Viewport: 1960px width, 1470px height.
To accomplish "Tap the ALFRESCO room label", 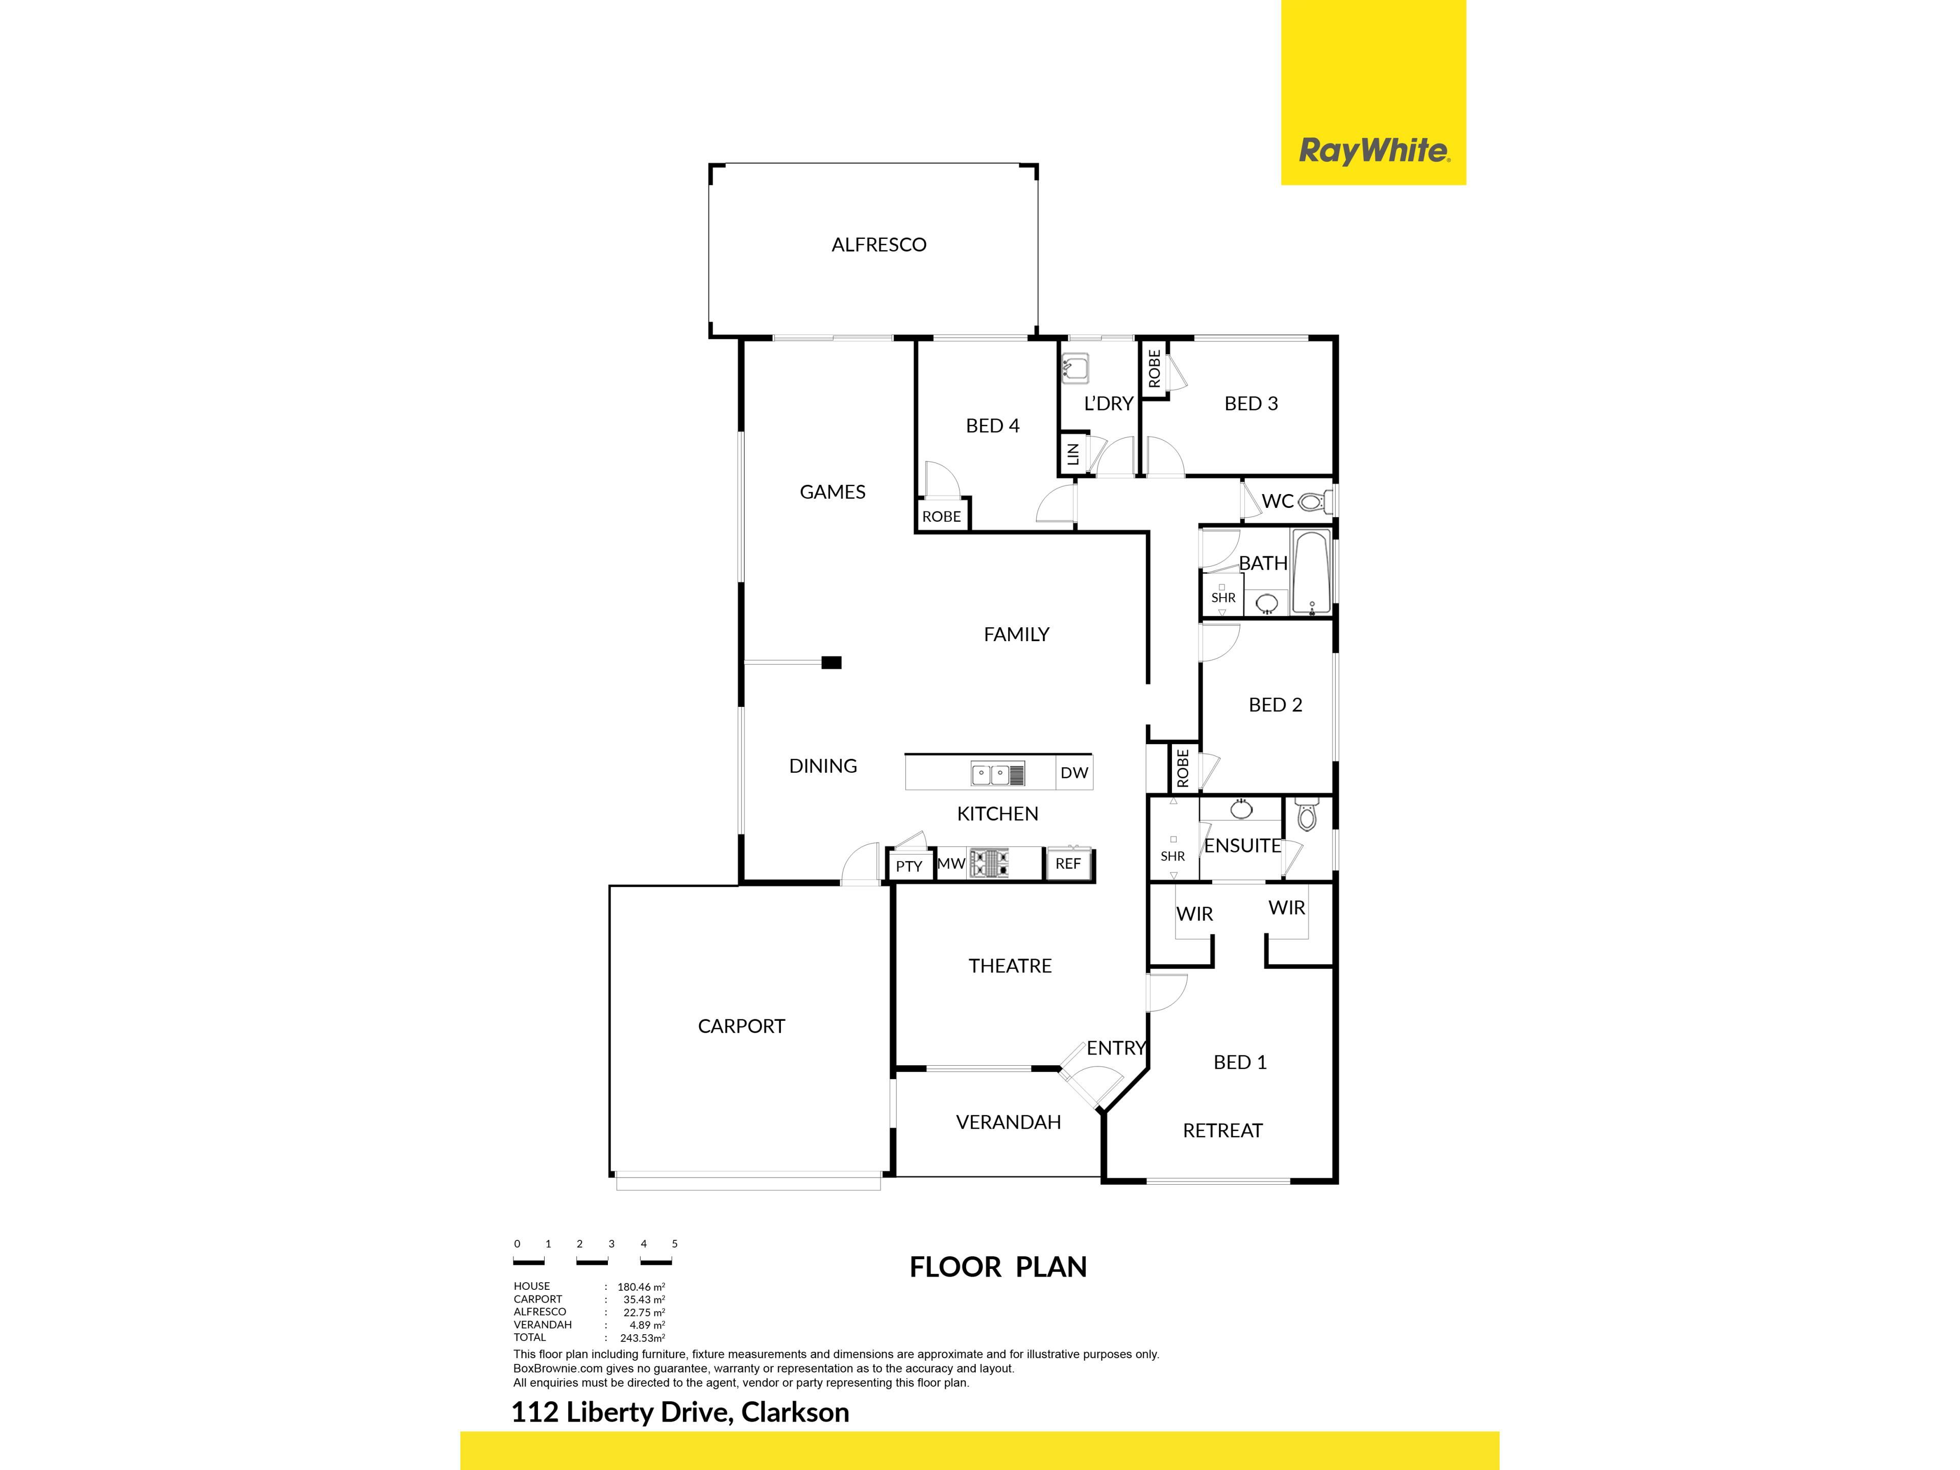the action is [x=879, y=244].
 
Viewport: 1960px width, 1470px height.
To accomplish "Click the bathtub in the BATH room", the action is [x=1311, y=572].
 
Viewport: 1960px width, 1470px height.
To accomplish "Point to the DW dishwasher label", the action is [x=1074, y=773].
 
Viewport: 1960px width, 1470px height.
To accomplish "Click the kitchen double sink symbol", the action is [x=998, y=774].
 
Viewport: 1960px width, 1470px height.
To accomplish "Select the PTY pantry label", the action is [x=909, y=867].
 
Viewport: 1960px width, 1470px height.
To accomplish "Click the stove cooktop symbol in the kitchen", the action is [x=990, y=863].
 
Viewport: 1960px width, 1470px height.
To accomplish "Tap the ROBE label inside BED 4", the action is [x=941, y=517].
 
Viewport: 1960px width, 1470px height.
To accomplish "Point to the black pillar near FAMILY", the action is [x=831, y=662].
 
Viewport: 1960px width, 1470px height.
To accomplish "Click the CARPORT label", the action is [x=742, y=1026].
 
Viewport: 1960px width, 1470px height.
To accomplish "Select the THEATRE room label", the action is [x=1010, y=966].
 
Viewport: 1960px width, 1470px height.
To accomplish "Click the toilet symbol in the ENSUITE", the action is [x=1307, y=814].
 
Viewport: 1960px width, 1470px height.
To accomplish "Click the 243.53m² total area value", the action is [x=643, y=1338].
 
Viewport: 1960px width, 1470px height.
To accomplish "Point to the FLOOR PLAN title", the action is [x=998, y=1267].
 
